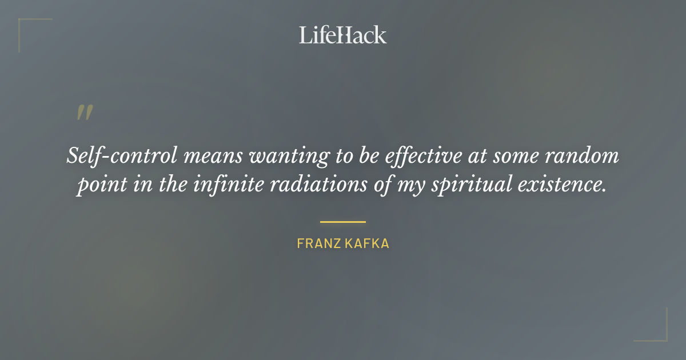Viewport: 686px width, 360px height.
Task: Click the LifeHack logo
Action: (343, 35)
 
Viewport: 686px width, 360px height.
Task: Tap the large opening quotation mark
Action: (84, 113)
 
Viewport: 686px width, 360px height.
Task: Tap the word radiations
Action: (354, 186)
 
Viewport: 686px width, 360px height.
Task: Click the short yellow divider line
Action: (343, 222)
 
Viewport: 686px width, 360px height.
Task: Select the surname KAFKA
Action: (369, 243)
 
